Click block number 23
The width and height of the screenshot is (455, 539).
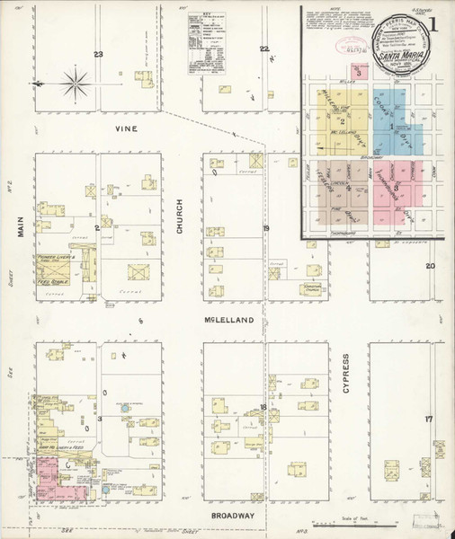click(x=99, y=55)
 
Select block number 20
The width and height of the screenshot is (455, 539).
click(x=430, y=266)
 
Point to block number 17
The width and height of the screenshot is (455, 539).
click(x=429, y=420)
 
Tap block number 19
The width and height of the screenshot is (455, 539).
click(x=266, y=229)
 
